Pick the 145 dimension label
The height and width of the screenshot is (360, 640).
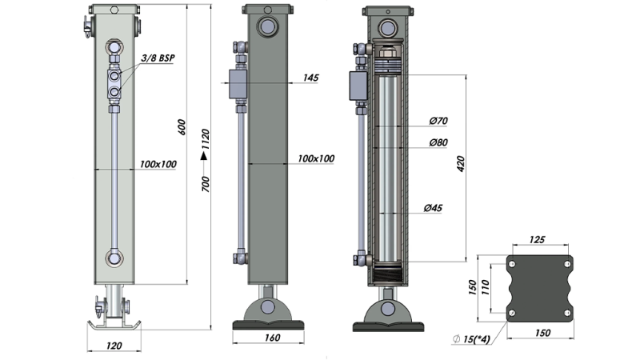tap(312, 78)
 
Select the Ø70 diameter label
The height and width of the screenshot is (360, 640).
tap(437, 122)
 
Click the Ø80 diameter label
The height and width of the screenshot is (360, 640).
tap(437, 143)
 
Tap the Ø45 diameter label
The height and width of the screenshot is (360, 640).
tap(434, 208)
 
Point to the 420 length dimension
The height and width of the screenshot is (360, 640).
tap(461, 164)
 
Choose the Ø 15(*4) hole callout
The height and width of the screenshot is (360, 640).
tap(474, 341)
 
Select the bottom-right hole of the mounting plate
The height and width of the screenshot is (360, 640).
tap(567, 312)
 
